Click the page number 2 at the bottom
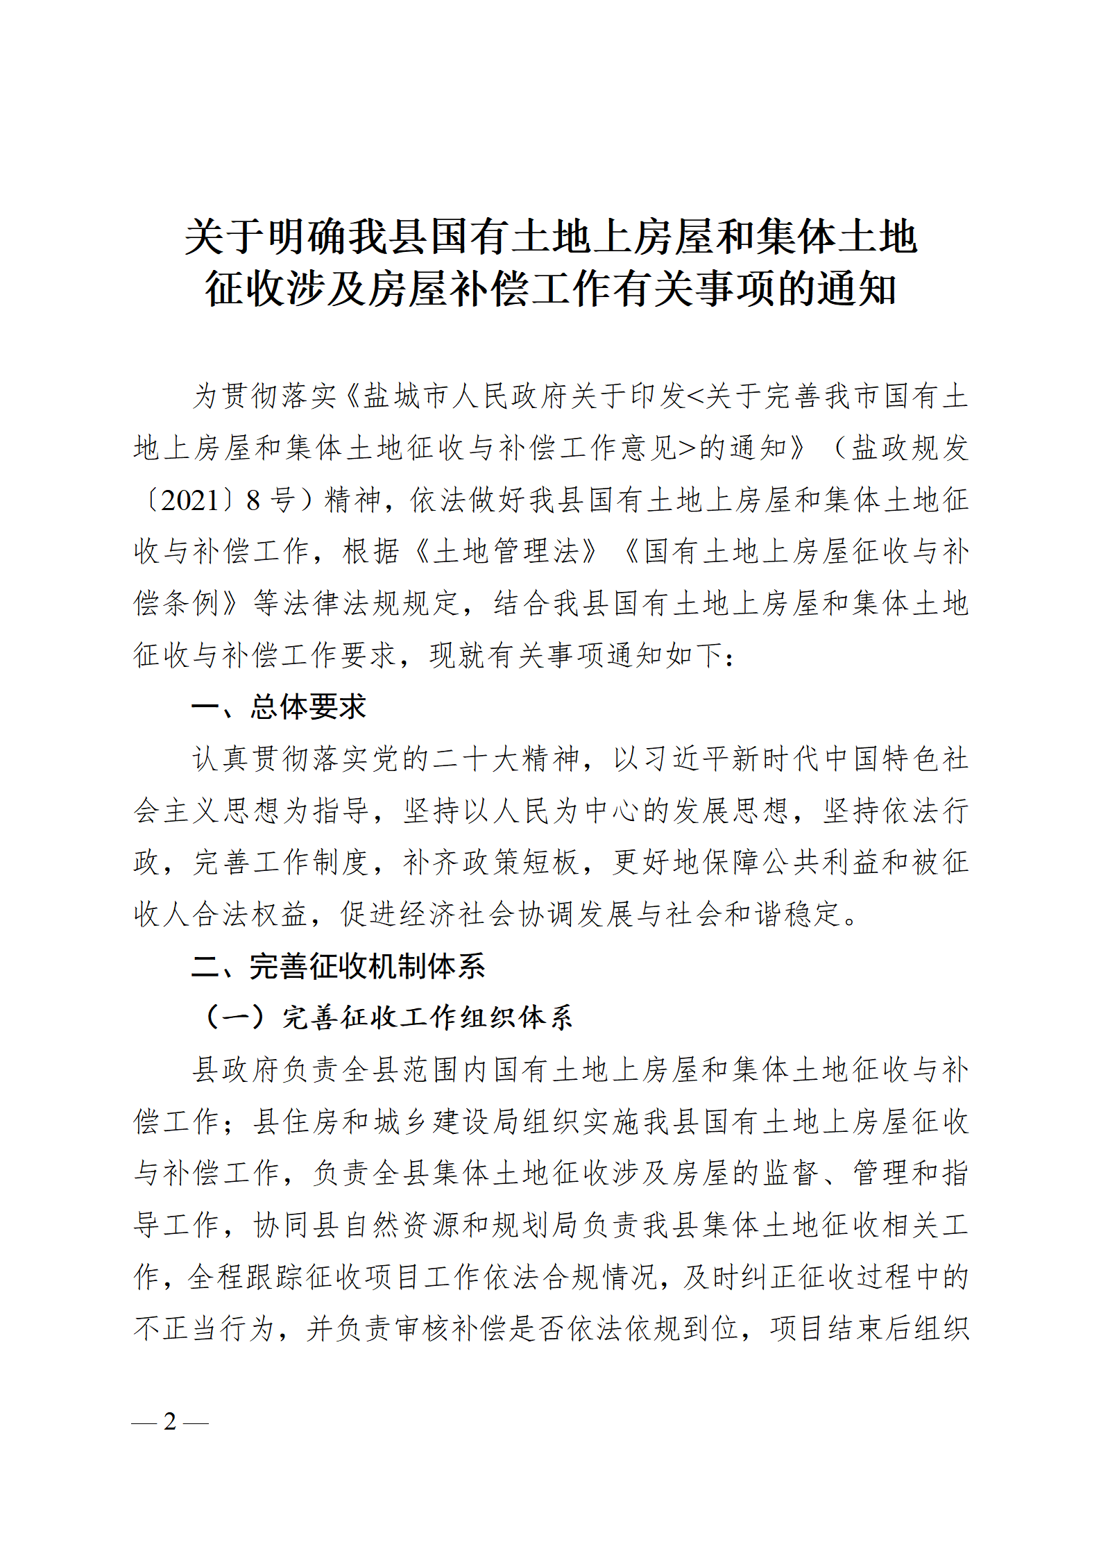(x=170, y=1421)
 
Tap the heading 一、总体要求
(x=278, y=707)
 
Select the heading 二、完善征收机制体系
(x=339, y=966)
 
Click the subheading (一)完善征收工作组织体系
(x=387, y=1017)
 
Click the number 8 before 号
(x=253, y=500)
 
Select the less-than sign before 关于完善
(x=694, y=396)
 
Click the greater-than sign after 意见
(x=687, y=448)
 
